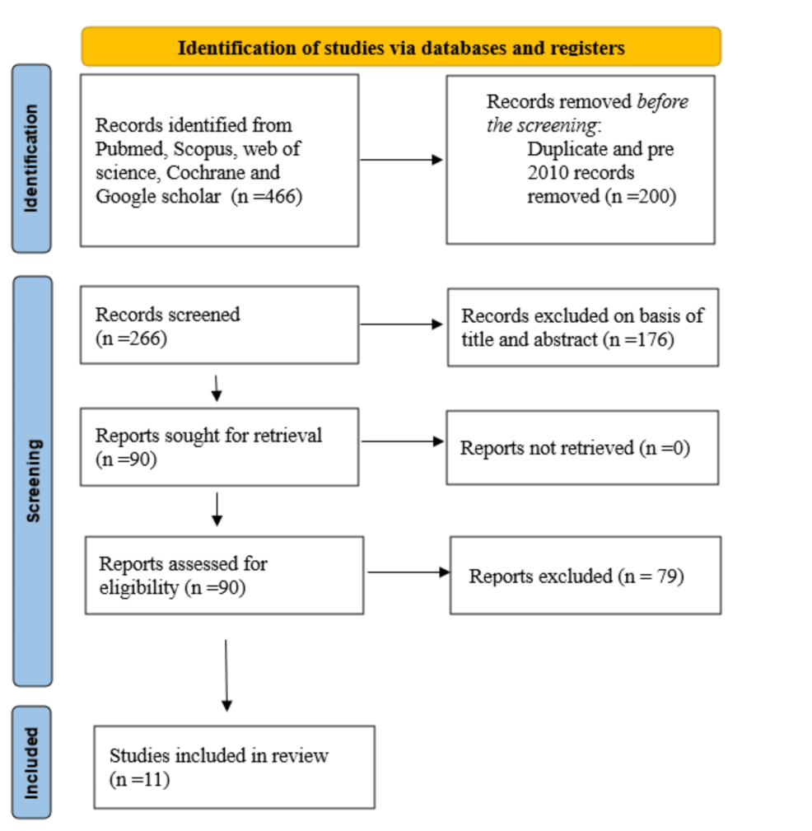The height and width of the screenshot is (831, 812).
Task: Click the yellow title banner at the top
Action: [401, 47]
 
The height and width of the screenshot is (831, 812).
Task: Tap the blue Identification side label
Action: [32, 158]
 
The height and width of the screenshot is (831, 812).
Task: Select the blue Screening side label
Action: [32, 481]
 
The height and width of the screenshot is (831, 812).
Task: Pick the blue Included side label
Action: [32, 762]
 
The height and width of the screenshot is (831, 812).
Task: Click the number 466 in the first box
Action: [281, 196]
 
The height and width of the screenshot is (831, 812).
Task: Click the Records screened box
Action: [219, 324]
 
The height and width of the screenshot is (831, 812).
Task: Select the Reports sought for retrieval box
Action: [219, 446]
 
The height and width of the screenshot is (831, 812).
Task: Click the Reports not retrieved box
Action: [582, 447]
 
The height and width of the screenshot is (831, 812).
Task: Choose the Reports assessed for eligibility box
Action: [225, 576]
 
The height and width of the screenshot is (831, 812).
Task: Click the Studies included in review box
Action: [234, 767]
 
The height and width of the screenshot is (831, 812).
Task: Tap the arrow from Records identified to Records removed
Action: [401, 160]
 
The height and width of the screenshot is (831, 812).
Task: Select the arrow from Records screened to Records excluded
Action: [401, 324]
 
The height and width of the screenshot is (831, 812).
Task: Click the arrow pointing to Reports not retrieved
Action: [402, 441]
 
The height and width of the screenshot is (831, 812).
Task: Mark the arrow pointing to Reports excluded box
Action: [408, 572]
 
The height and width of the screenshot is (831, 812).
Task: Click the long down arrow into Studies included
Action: [226, 675]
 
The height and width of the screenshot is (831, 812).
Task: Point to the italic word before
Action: [662, 101]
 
